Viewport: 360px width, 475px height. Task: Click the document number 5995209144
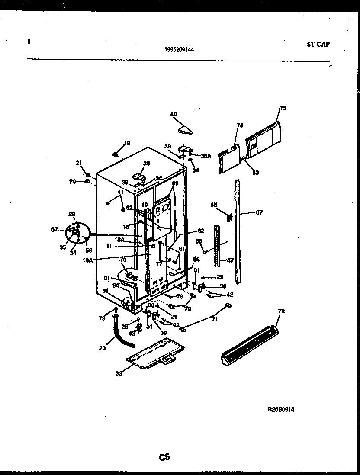coord(179,49)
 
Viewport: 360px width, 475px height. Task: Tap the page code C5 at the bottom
coord(164,457)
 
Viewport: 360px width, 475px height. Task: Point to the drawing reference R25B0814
coord(281,409)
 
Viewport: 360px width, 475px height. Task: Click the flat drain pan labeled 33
coord(156,357)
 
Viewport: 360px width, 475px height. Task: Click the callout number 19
coord(127,143)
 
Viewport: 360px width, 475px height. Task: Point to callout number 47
coord(231,260)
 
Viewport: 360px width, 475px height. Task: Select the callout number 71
coord(215,319)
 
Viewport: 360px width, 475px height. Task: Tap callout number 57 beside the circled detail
coord(55,230)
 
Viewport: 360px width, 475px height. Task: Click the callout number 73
coord(101,318)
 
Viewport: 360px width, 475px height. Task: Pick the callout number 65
coord(213,205)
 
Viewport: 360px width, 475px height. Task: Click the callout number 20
coord(72,181)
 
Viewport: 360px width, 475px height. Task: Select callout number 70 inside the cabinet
coord(122,260)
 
